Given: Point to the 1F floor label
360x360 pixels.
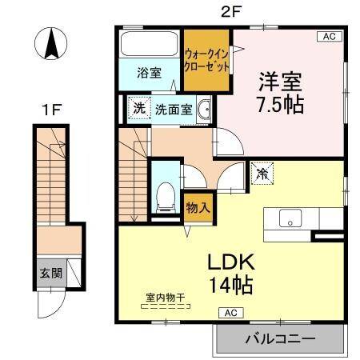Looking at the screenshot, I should pyautogui.click(x=53, y=110).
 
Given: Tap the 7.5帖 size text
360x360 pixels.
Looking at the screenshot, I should pyautogui.click(x=279, y=105).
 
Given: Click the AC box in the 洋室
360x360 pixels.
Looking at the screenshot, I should pyautogui.click(x=329, y=36).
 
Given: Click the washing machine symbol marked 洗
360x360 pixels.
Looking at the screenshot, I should pyautogui.click(x=138, y=108).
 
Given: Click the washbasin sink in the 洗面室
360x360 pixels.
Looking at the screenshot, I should pyautogui.click(x=204, y=109).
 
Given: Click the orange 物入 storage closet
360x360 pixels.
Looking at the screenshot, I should pyautogui.click(x=198, y=206).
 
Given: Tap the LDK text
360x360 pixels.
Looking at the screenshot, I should pyautogui.click(x=231, y=262).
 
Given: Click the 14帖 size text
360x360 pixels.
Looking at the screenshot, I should pyautogui.click(x=231, y=283).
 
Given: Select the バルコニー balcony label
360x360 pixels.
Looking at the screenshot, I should pyautogui.click(x=279, y=338).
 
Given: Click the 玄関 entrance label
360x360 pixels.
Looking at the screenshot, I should pyautogui.click(x=50, y=273).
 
